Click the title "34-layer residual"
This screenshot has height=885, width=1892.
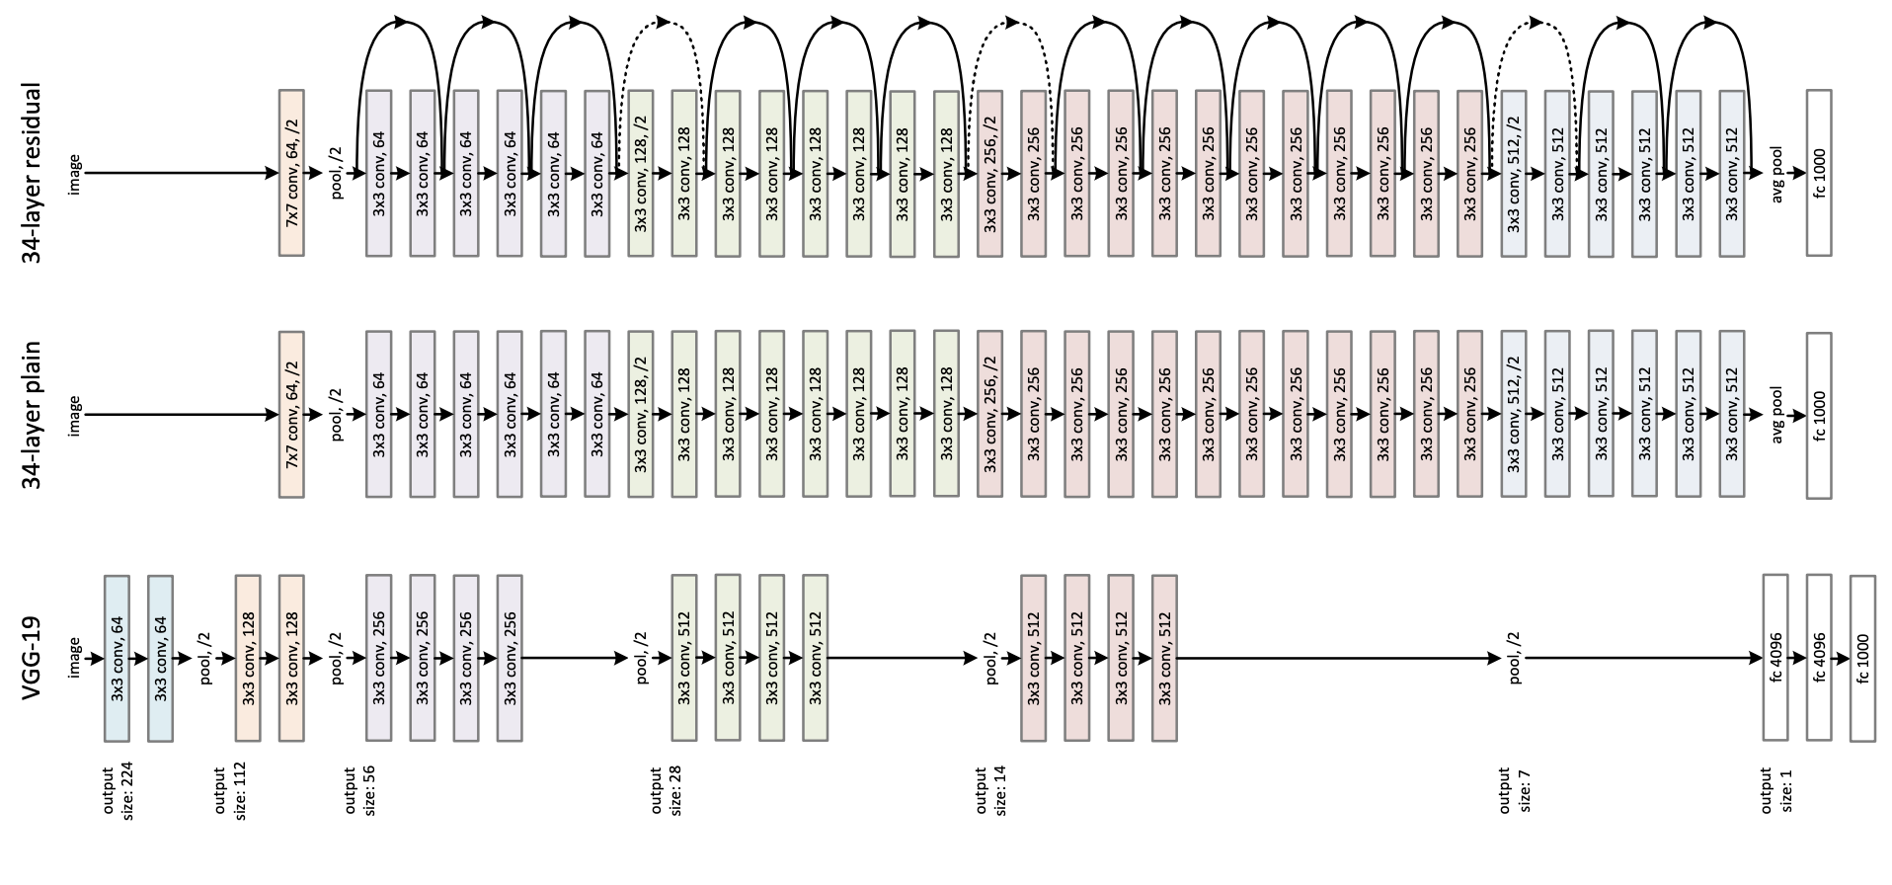pyautogui.click(x=33, y=173)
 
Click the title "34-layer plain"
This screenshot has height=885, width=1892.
pyautogui.click(x=33, y=416)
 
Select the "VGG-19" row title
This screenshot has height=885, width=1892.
pyautogui.click(x=33, y=657)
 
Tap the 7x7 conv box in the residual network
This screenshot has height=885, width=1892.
pyautogui.click(x=292, y=173)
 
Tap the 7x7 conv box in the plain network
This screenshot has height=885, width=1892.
pyautogui.click(x=292, y=416)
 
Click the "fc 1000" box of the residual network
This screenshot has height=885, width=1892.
pyautogui.click(x=1819, y=173)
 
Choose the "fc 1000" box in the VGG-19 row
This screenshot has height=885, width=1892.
pyautogui.click(x=1862, y=657)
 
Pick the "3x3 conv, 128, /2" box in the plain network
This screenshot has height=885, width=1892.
pyautogui.click(x=641, y=416)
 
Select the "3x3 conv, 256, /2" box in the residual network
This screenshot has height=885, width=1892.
pyautogui.click(x=989, y=173)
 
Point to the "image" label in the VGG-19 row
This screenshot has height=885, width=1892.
pyautogui.click(x=74, y=657)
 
